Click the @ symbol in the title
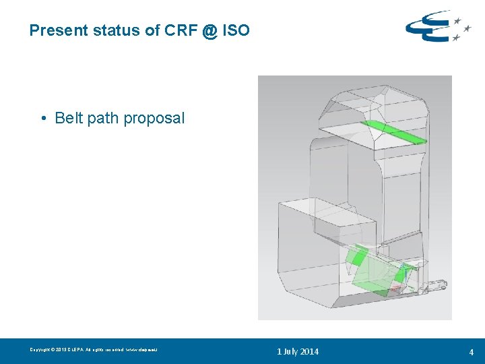click(x=209, y=31)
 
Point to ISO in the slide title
click(x=236, y=30)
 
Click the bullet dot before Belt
click(x=42, y=119)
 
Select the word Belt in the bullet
click(x=69, y=118)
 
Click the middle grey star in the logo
click(x=467, y=28)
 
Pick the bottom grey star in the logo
click(x=456, y=38)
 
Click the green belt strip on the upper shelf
click(x=394, y=131)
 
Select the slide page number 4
click(x=472, y=352)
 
